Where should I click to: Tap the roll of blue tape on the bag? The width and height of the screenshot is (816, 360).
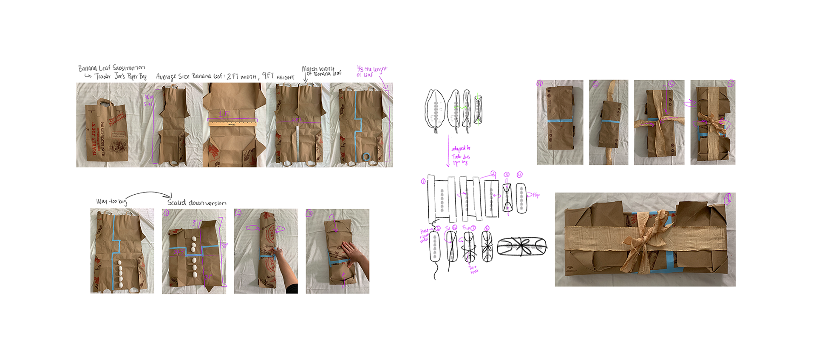pos(366,158)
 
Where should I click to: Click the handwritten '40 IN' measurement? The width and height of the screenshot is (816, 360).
pos(148,97)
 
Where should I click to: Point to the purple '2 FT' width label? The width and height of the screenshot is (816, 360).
pos(296,120)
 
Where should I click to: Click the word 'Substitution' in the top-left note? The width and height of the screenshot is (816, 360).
pos(129,68)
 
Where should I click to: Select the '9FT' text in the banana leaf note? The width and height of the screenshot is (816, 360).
pos(268,76)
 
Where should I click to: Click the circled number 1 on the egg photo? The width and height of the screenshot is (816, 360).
pos(166,213)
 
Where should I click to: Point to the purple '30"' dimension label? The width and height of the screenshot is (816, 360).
pos(224,246)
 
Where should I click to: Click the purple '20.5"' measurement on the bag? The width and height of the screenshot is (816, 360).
pos(178,252)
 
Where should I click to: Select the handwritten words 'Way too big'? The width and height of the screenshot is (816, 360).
pos(111,201)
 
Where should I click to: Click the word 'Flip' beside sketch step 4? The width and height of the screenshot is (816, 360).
pos(536,195)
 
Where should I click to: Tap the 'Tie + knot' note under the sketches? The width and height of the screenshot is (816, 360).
pos(473,269)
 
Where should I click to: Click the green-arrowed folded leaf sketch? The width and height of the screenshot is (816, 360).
pos(478,110)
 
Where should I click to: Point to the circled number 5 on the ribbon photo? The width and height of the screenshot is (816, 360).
pos(595,84)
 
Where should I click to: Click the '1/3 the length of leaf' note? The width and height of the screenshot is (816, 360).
pos(371,71)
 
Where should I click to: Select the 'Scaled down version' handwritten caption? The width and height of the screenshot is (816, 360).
pos(196,203)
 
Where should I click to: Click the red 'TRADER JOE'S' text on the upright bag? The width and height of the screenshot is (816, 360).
pos(94,139)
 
